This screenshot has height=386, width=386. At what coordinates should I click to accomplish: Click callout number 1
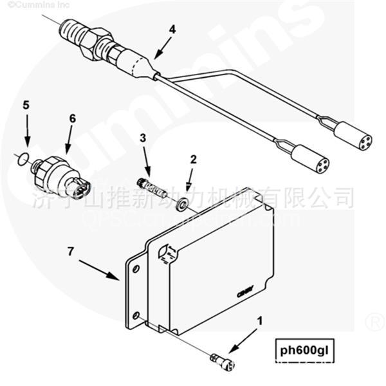(x=259, y=320)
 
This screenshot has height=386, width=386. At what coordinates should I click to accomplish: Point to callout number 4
(x=172, y=30)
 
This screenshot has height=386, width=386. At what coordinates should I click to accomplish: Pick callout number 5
(x=26, y=104)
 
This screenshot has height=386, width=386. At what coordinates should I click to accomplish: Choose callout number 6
(x=71, y=118)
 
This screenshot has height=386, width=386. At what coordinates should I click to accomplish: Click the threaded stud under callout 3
(x=153, y=189)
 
